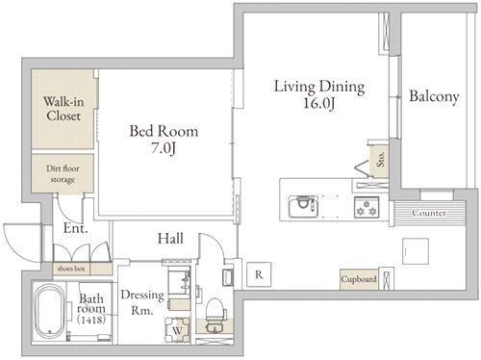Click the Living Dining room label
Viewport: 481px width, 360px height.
[319, 87]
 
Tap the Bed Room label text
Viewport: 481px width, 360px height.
[164, 131]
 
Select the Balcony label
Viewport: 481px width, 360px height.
[434, 96]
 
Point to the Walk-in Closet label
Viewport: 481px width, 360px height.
[63, 109]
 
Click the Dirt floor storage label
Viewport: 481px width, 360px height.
[63, 173]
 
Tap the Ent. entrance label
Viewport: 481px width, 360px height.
[75, 228]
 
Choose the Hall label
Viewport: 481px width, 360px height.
[170, 239]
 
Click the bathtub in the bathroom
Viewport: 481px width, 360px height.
[49, 311]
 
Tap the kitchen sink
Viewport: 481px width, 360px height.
[303, 206]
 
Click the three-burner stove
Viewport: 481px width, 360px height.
[367, 207]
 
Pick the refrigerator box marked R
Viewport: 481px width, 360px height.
[259, 274]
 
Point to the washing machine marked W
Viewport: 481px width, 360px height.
[177, 330]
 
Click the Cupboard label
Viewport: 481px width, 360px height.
[359, 279]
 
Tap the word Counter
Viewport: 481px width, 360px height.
[429, 213]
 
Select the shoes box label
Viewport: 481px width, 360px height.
[71, 269]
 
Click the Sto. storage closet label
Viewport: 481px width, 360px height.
[381, 159]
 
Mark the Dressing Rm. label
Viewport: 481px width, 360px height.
[142, 302]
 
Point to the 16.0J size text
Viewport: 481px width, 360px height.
[319, 103]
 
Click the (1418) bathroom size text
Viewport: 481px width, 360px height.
[91, 320]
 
